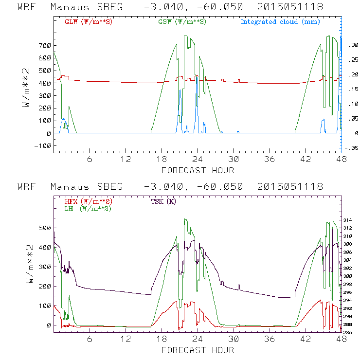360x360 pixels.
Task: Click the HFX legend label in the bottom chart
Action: (x=85, y=201)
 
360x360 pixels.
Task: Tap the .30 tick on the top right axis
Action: (x=352, y=45)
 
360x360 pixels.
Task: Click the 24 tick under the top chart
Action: (x=198, y=160)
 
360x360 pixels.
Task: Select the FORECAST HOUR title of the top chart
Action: (x=198, y=170)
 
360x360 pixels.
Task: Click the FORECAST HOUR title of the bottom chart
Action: (x=198, y=350)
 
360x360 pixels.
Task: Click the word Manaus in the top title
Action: (x=72, y=7)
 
